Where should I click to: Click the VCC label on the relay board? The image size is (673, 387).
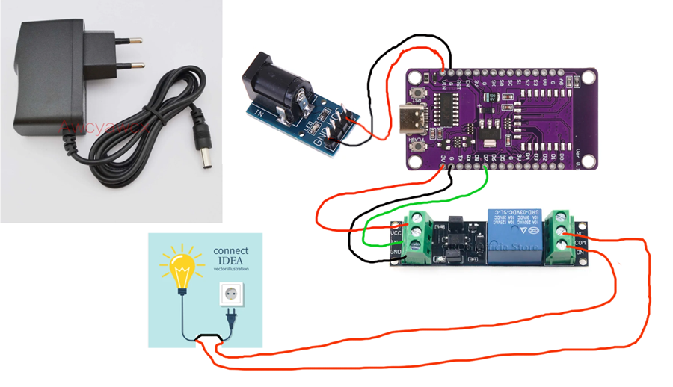tap(397, 232)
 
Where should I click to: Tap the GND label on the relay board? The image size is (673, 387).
tap(397, 252)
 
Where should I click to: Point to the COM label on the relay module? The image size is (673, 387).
tap(580, 243)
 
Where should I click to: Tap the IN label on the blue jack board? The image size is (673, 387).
tap(259, 114)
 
